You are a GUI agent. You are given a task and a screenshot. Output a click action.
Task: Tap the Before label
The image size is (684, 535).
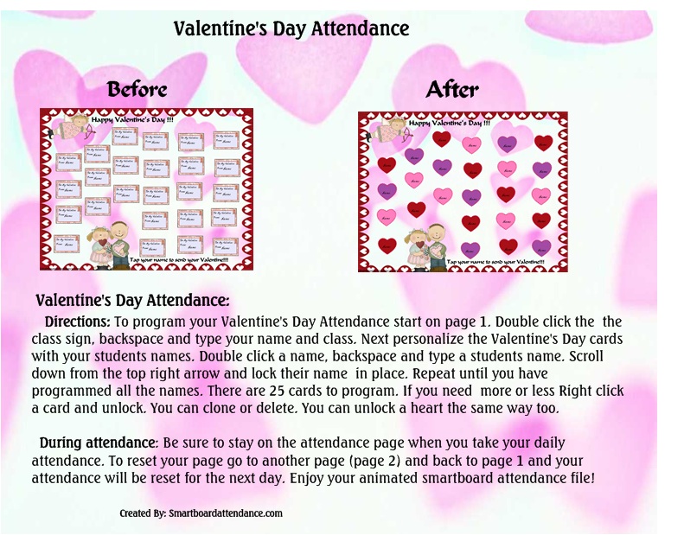(x=137, y=89)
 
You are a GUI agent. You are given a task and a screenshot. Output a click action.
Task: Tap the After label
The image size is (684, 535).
(x=452, y=89)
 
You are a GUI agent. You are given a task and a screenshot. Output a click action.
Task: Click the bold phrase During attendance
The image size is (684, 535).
(x=94, y=443)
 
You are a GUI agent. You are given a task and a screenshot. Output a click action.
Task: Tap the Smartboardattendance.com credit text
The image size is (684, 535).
(x=201, y=513)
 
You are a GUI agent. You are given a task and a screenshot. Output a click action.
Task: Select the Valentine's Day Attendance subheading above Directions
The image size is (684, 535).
(x=132, y=301)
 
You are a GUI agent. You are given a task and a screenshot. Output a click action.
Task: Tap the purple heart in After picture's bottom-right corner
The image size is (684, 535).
(x=541, y=247)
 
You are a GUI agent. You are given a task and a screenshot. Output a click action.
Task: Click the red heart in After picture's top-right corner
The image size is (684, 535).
(x=543, y=143)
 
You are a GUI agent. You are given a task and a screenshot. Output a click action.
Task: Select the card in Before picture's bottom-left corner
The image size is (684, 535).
(x=67, y=244)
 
